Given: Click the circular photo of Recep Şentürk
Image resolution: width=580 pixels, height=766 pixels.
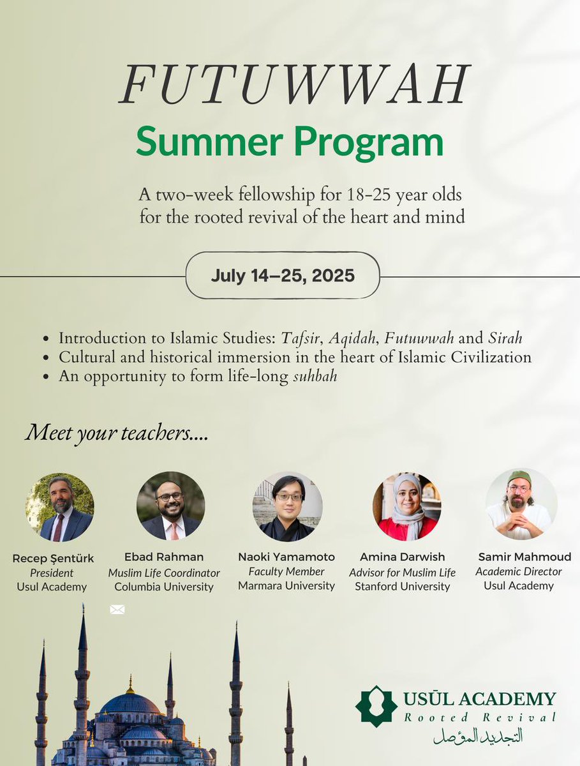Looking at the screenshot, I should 59,507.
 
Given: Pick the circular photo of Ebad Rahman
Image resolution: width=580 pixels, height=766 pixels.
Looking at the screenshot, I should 170,506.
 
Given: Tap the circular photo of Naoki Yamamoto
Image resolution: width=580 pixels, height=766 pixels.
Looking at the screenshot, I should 287,506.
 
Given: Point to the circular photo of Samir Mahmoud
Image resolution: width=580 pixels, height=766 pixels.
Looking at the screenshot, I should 521,504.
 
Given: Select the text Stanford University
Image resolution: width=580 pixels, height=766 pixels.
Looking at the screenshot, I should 403,586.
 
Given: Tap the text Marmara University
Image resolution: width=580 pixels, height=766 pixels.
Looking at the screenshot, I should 286,585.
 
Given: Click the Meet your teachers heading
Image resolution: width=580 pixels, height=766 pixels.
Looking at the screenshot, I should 117,434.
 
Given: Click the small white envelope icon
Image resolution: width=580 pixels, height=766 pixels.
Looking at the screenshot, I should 117,610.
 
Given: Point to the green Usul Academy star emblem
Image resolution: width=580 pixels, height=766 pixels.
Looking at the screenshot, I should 376,706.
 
